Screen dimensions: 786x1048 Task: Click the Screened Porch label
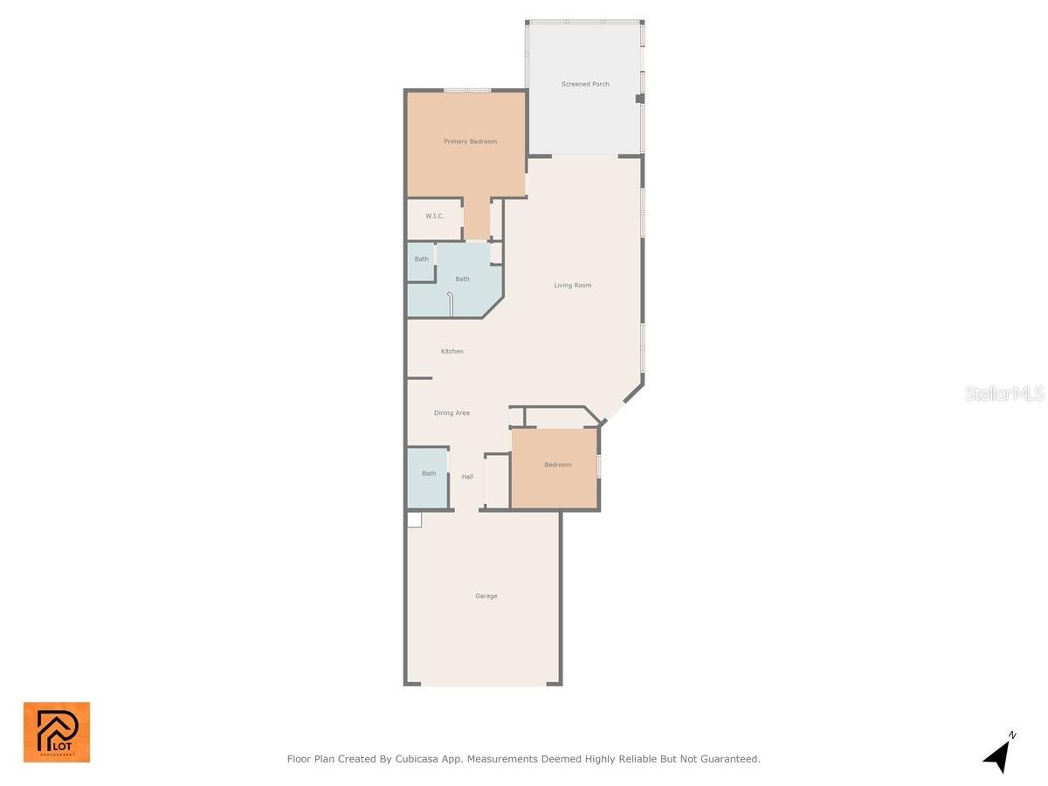[585, 84]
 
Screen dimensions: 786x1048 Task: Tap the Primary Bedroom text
[470, 141]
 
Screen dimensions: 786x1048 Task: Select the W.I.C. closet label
[435, 216]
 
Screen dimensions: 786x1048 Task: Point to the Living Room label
[573, 286]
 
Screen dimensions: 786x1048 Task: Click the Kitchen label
[452, 351]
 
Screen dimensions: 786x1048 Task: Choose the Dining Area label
[452, 413]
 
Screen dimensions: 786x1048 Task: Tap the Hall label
[467, 477]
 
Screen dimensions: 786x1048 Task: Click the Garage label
[486, 596]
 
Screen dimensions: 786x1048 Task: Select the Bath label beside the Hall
[429, 473]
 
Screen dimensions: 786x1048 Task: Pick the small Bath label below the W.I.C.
[422, 259]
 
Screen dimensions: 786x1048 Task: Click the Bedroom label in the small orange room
[557, 465]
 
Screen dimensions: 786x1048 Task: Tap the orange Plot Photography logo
[57, 732]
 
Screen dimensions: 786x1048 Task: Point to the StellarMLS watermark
[1004, 394]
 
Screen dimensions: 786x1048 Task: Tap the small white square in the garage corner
[414, 520]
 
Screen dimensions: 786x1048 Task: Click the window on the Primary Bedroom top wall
[466, 90]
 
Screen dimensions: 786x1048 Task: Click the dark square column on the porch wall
[639, 100]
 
